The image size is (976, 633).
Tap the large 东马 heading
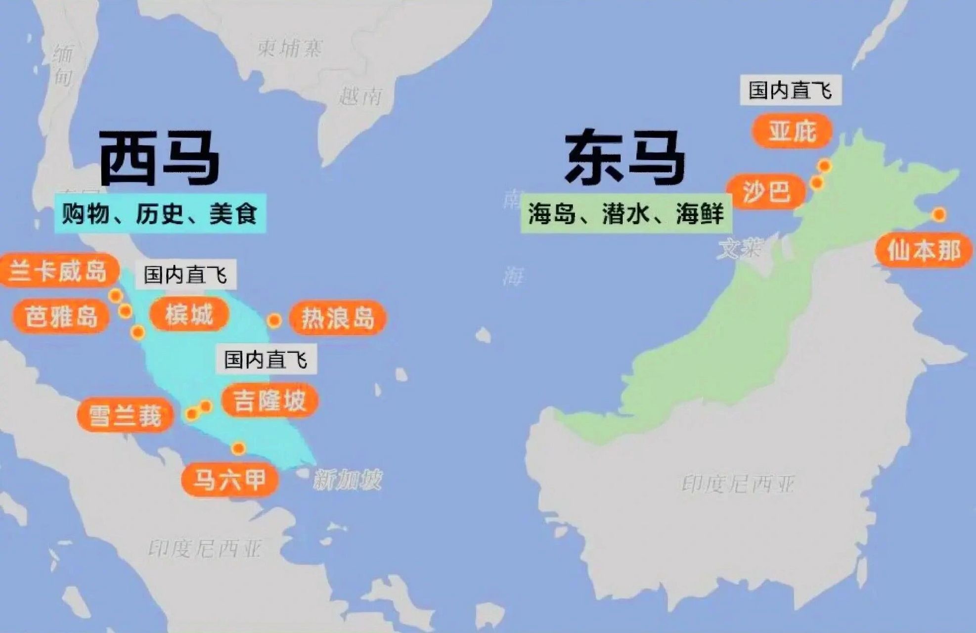coord(625,157)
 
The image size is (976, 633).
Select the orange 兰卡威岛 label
coord(58,271)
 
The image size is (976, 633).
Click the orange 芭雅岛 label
coord(61,316)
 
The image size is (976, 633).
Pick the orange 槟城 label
coord(189,315)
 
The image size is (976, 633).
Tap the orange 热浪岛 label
coord(338,318)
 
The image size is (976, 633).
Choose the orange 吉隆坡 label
coord(269,401)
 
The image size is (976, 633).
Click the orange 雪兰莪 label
coord(125,415)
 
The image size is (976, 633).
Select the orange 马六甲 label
coord(229,479)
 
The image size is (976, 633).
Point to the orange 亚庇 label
coord(792,131)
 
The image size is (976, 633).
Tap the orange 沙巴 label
coord(766,191)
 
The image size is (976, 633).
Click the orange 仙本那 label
coord(924,250)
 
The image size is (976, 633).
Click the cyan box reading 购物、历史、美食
coord(160,214)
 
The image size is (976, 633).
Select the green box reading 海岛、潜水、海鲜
coord(626,214)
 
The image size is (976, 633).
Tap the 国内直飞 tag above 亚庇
coord(790,90)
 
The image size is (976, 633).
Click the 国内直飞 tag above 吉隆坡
coord(266,360)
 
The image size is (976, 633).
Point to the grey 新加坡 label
coord(348,480)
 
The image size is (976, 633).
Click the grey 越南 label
coord(360,95)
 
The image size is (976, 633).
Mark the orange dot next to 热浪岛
coord(274,320)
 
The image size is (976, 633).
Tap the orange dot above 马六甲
coord(238,449)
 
